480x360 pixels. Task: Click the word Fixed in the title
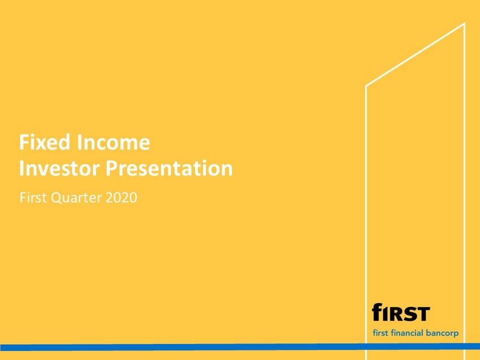click(45, 142)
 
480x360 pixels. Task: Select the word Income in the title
click(114, 142)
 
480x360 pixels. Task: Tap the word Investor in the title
click(59, 168)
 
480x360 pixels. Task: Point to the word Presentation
click(169, 168)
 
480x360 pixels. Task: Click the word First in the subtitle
click(33, 197)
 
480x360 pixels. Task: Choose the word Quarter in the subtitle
click(76, 198)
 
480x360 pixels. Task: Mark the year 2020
click(121, 197)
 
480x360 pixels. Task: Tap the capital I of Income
click(79, 142)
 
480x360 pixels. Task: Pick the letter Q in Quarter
click(56, 198)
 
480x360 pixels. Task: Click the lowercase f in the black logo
click(377, 311)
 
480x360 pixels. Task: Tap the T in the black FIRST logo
click(424, 314)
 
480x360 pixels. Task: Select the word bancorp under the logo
click(442, 333)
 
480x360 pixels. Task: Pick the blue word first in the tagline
click(381, 333)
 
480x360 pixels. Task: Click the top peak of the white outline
click(464, 23)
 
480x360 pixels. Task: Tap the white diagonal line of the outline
click(415, 55)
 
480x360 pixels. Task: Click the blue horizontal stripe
click(240, 347)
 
